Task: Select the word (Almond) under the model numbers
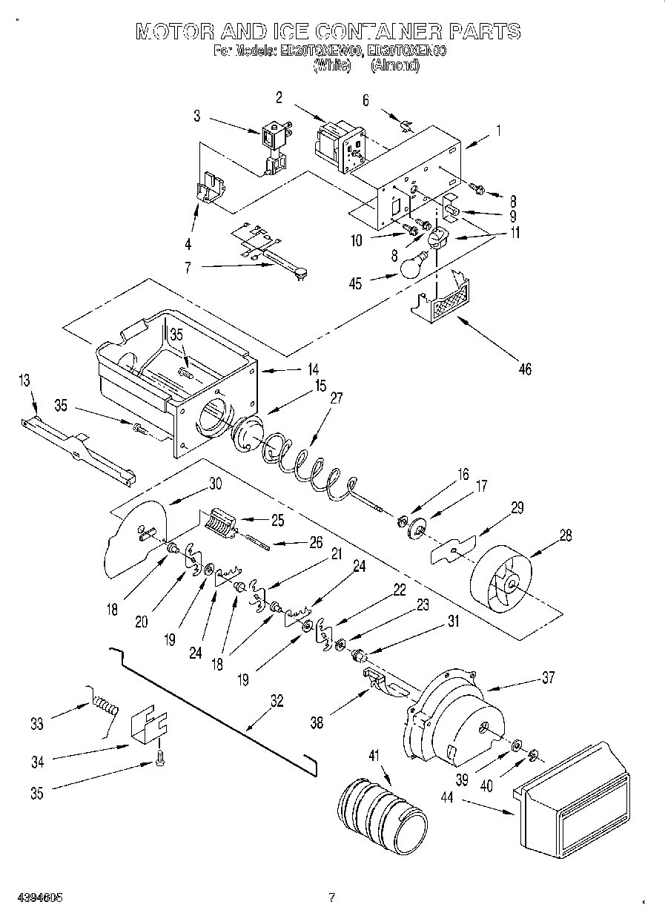pos(395,65)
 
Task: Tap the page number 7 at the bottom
pos(332,897)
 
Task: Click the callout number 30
pos(215,483)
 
